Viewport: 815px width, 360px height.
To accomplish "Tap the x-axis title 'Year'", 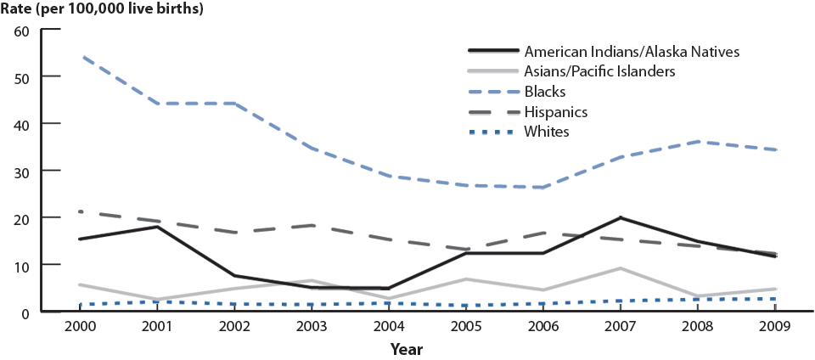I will pyautogui.click(x=407, y=348).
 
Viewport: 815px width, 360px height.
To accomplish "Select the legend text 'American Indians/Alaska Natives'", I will pyautogui.click(x=632, y=51).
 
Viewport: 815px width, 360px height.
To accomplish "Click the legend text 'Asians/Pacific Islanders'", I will pyautogui.click(x=600, y=71).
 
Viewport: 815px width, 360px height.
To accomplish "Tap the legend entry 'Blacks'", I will pyautogui.click(x=545, y=92).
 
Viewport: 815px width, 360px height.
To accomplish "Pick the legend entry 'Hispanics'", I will pyautogui.click(x=556, y=111).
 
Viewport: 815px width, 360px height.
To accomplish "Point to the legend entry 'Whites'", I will pyautogui.click(x=547, y=132).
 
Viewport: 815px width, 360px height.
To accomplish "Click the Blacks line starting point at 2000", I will pyautogui.click(x=79, y=56).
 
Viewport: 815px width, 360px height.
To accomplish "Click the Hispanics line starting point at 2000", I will pyautogui.click(x=79, y=211).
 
